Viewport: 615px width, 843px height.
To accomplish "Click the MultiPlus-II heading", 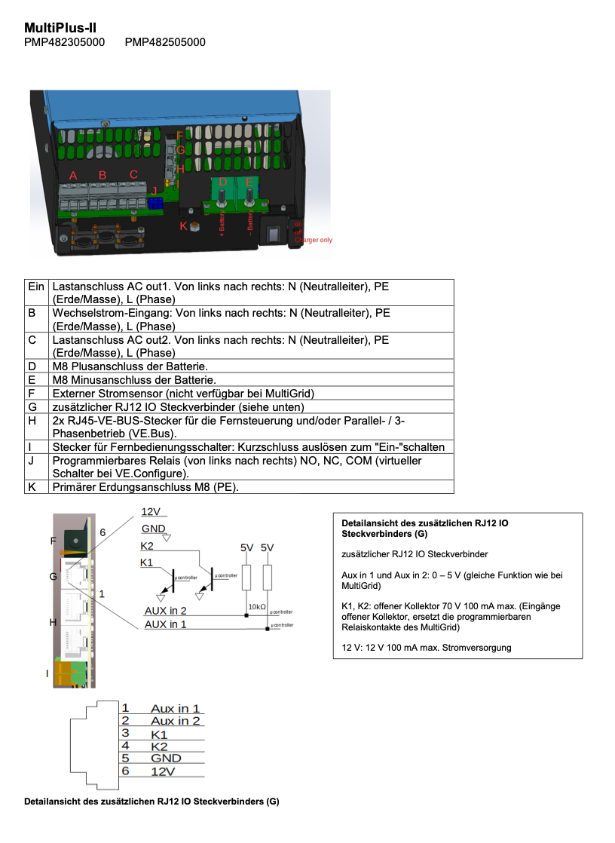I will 60,28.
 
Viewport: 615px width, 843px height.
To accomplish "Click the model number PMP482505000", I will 165,42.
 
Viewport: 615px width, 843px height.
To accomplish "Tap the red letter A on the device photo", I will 73,176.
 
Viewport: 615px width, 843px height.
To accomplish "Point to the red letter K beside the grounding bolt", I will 182,225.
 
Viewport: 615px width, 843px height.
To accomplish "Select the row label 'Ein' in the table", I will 36,287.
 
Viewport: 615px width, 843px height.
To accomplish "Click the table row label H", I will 32,419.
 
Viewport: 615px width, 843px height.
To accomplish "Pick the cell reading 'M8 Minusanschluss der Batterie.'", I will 134,379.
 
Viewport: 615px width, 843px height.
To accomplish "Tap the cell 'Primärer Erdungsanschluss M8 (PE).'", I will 145,487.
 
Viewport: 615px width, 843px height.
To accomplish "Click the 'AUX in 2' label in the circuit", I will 165,611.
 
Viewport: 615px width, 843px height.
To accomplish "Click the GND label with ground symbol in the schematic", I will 154,529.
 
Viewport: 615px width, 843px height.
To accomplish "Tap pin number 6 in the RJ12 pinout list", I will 126,771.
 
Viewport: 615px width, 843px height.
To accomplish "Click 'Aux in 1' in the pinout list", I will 176,709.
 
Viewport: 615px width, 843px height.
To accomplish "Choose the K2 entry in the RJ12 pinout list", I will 159,746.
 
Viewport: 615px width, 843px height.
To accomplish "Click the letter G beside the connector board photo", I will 53,576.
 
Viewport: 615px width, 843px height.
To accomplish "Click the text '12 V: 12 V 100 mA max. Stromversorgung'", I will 427,647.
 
